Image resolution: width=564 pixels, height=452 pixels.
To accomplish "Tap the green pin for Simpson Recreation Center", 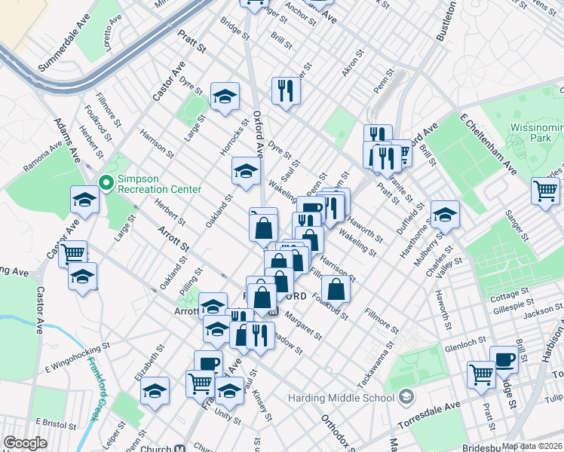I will (x=106, y=182).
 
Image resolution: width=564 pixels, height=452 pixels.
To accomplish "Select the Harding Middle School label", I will (x=340, y=398).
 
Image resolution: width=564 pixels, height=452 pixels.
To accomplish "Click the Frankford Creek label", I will (x=96, y=389).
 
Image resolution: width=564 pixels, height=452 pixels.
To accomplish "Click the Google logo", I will (x=25, y=443).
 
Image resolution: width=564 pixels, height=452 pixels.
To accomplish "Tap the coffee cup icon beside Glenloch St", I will (x=504, y=359).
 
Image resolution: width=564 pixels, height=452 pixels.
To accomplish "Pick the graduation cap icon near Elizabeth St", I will (x=155, y=392).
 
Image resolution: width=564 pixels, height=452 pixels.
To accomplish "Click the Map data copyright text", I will (x=532, y=446).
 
